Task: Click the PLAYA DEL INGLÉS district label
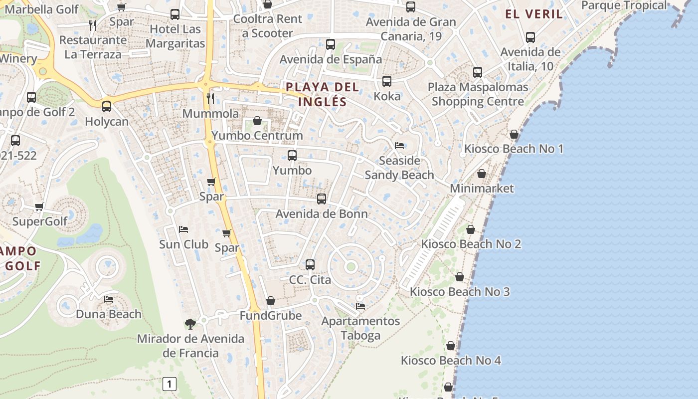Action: point(322,94)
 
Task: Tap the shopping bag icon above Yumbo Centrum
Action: point(257,121)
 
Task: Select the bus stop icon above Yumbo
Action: point(292,156)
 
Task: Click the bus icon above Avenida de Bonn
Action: point(322,199)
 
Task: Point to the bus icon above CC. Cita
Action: point(310,265)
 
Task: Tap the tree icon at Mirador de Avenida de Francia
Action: point(190,324)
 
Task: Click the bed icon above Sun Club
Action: point(183,229)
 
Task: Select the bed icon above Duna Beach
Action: point(109,299)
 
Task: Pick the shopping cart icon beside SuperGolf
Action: point(39,206)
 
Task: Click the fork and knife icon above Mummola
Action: point(210,98)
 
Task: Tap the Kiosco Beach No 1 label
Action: point(514,149)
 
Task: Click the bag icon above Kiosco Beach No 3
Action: point(460,277)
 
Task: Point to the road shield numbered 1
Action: point(170,384)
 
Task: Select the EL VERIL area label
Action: point(534,14)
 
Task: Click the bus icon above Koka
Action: point(387,81)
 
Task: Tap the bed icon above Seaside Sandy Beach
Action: point(399,146)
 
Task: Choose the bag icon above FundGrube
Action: point(271,301)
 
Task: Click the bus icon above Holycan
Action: point(106,106)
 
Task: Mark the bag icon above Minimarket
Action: point(482,174)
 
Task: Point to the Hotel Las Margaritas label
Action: point(175,36)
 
